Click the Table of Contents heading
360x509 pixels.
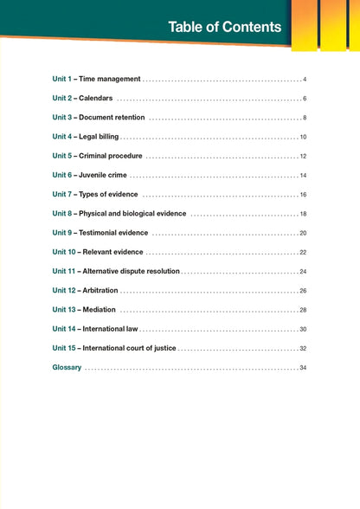(x=224, y=27)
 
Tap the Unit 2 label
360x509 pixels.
(x=63, y=98)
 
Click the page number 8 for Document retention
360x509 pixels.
(x=305, y=117)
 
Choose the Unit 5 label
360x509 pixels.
(x=63, y=156)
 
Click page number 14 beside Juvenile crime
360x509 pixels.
(x=303, y=176)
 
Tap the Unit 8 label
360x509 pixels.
(x=63, y=213)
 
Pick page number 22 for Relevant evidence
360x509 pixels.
(x=303, y=252)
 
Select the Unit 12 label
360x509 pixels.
(x=65, y=290)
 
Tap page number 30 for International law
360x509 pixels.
(x=303, y=329)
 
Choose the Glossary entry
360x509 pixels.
(x=67, y=367)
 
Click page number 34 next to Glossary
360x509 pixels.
(x=303, y=368)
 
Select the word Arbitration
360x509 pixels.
(x=100, y=290)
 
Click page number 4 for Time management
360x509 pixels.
(x=305, y=79)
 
